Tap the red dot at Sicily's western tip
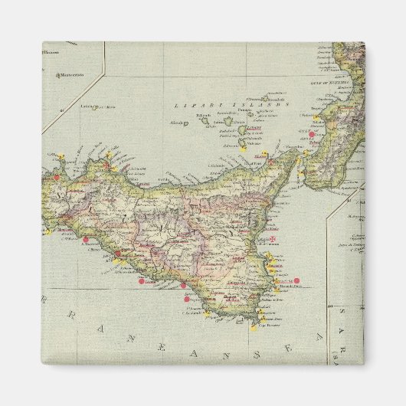click(x=56, y=178)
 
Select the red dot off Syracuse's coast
click(x=294, y=280)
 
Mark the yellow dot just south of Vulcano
click(x=244, y=150)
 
